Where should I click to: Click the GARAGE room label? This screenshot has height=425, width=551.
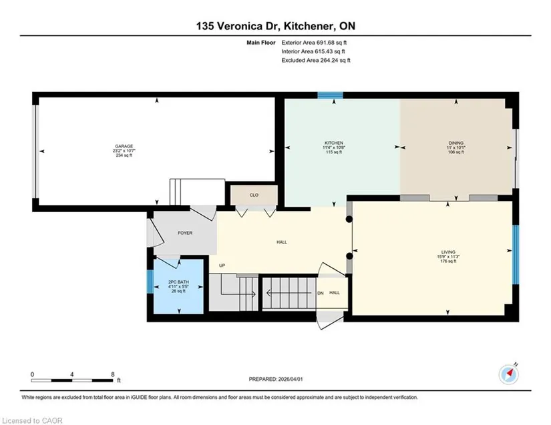124,146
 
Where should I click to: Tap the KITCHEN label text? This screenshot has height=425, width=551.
334,143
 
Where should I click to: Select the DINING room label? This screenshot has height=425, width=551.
455,143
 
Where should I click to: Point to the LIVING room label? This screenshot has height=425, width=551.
448,252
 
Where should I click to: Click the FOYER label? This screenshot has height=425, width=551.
185,233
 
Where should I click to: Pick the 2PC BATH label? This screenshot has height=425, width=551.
178,282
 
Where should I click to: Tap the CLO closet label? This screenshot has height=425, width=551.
254,195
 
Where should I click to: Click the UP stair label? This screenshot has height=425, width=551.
222,266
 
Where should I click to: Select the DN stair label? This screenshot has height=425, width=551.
321,293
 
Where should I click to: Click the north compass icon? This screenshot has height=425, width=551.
508,375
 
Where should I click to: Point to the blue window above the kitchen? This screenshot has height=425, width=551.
331,95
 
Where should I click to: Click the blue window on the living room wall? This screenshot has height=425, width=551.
516,254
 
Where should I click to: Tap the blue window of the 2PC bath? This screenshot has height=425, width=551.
150,282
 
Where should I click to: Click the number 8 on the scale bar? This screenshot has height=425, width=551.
113,374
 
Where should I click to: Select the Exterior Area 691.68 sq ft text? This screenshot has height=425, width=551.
314,43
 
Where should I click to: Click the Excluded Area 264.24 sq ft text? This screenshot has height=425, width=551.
316,60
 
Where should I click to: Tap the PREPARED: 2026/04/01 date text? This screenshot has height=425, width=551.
276,379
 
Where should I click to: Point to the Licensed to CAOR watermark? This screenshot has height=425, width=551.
32,420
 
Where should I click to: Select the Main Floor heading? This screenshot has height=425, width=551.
261,43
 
